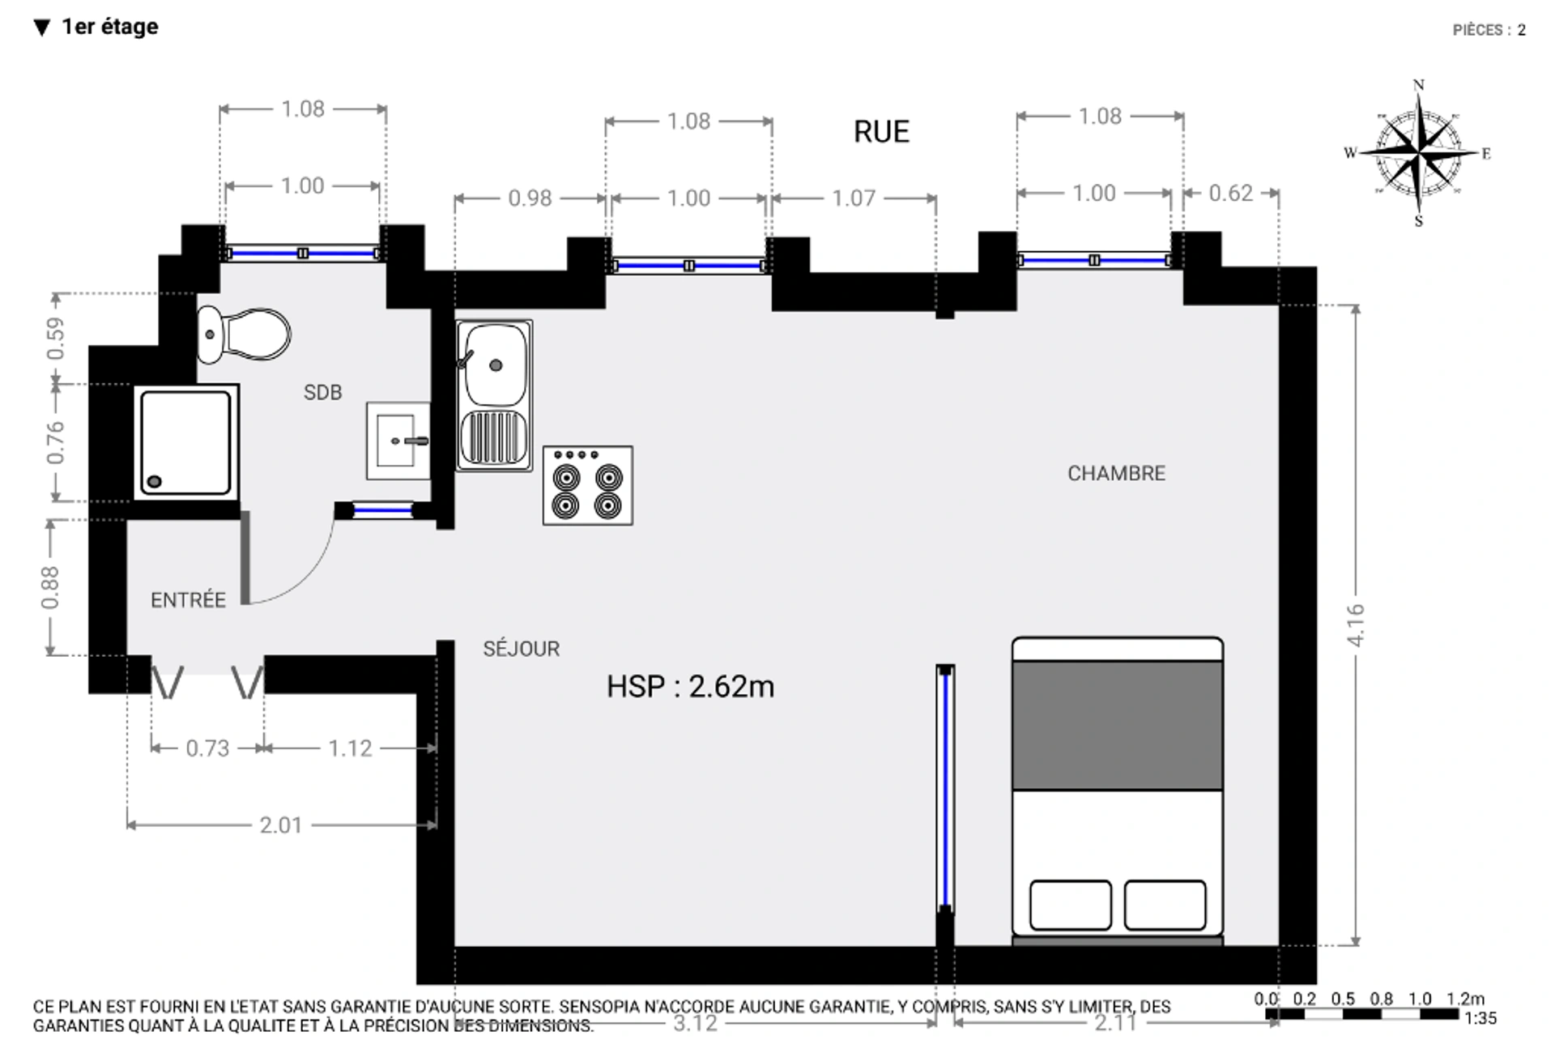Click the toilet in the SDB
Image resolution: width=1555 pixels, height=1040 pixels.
click(x=243, y=334)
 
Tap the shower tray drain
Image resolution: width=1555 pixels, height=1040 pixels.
click(x=154, y=481)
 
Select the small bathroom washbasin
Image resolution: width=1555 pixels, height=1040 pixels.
click(x=398, y=441)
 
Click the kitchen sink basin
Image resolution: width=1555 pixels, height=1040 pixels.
click(x=495, y=365)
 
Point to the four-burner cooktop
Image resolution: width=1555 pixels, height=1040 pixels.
click(x=588, y=485)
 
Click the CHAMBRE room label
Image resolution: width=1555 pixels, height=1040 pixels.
click(x=1116, y=473)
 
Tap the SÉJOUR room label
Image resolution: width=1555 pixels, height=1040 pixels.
click(x=521, y=648)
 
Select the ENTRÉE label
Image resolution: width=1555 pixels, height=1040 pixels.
click(x=188, y=599)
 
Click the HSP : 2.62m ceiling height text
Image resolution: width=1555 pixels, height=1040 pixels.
click(x=690, y=686)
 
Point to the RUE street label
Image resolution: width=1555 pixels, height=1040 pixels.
click(x=881, y=131)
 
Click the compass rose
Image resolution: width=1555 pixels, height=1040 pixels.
click(x=1418, y=152)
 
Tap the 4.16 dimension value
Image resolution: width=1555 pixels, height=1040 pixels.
click(x=1356, y=624)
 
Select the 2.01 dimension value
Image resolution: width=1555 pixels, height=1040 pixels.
click(x=280, y=825)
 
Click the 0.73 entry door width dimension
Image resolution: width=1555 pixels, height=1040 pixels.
click(x=207, y=748)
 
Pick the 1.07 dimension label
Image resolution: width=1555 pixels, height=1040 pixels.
click(x=854, y=198)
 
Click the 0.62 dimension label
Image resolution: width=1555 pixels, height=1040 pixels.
click(x=1230, y=193)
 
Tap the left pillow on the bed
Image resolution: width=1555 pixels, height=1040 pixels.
click(x=1070, y=905)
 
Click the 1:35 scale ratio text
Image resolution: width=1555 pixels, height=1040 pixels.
click(x=1480, y=1018)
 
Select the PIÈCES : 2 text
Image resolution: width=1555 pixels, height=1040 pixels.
click(x=1489, y=30)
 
